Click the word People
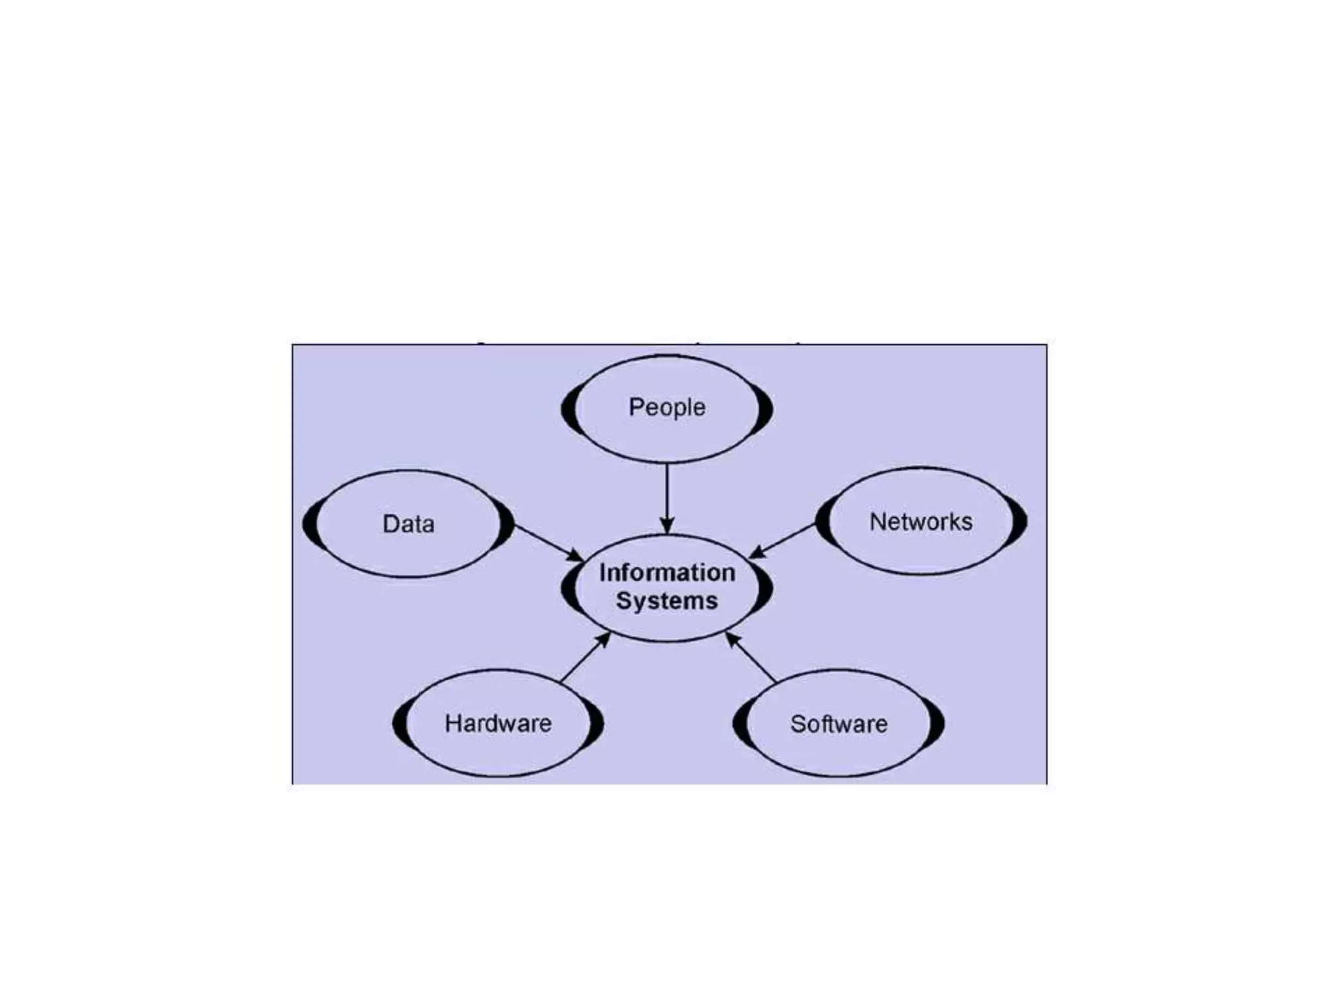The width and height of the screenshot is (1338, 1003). pos(666,407)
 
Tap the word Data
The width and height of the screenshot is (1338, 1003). pos(408,524)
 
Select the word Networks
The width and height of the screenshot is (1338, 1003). pos(921,522)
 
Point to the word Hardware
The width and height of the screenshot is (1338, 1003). pos(498,723)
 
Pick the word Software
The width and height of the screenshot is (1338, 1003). pos(839,724)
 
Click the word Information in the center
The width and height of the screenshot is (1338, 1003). pos(667,573)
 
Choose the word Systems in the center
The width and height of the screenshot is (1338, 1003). pos(667,601)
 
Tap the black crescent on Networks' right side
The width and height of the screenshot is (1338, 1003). pos(1020,521)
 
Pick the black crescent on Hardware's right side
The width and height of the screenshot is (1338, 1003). pos(596,724)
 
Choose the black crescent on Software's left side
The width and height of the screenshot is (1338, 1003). pos(740,724)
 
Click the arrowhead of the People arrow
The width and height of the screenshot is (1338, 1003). pos(666,526)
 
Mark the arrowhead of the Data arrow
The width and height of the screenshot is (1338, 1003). pos(575,556)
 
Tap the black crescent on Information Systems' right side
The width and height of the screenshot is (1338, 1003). pos(765,588)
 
